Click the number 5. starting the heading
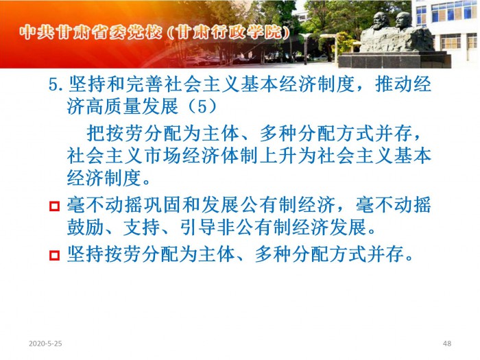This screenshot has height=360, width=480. point(56,84)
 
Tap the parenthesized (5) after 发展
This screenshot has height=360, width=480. point(202,106)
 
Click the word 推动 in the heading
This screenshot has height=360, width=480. point(394,84)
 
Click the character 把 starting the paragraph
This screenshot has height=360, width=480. point(95,134)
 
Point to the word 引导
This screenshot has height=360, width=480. point(197,227)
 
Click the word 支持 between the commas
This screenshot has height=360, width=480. point(141,227)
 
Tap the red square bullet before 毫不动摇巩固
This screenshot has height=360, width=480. point(54,206)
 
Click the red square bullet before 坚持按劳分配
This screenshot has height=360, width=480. point(54,255)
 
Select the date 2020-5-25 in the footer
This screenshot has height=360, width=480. point(45,344)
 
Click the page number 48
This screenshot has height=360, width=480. point(447,344)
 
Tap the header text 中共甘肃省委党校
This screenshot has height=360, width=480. point(91,32)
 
